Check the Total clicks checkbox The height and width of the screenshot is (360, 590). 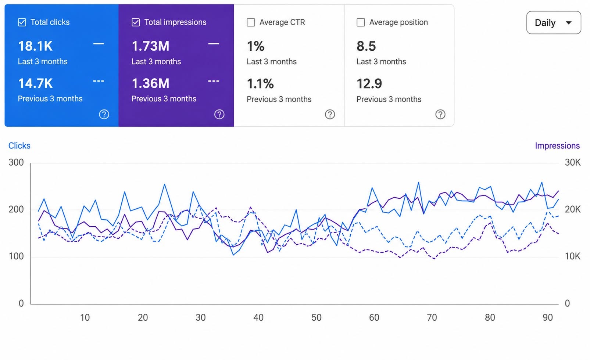click(22, 22)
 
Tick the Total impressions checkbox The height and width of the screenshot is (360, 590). click(136, 22)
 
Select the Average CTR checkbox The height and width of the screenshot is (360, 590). click(251, 22)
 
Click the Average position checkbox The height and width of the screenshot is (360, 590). click(361, 22)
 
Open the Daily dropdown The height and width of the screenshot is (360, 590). click(554, 23)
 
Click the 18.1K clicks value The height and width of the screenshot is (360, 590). click(35, 46)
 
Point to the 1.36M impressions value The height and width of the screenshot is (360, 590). click(150, 83)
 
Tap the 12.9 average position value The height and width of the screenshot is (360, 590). click(369, 84)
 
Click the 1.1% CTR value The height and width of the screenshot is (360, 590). click(260, 84)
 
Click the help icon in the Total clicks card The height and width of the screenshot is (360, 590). click(104, 115)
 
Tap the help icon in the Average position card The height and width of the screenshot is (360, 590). click(440, 115)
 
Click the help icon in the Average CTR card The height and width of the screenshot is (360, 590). click(330, 115)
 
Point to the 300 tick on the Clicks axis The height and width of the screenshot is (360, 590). click(16, 162)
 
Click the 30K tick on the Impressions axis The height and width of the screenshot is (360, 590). click(573, 162)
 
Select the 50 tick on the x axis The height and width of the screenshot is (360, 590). click(317, 318)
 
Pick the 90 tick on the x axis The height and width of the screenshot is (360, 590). click(548, 318)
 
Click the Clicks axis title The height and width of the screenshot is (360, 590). click(19, 146)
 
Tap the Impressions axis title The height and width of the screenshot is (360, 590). click(557, 146)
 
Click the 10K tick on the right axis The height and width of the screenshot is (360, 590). click(573, 256)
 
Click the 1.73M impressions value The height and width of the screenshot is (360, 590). click(150, 46)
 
